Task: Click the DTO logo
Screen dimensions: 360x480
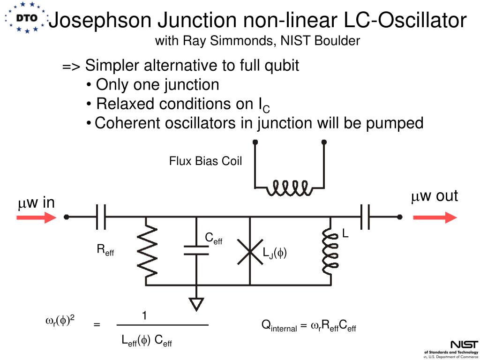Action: pyautogui.click(x=26, y=18)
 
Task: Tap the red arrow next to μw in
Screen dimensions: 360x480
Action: pyautogui.click(x=36, y=217)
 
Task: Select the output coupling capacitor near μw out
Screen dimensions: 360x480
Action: pyautogui.click(x=366, y=217)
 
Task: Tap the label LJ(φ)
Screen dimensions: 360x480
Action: pyautogui.click(x=275, y=254)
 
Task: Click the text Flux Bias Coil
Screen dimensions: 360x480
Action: pyautogui.click(x=205, y=161)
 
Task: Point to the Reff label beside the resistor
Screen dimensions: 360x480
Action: pyautogui.click(x=105, y=250)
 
